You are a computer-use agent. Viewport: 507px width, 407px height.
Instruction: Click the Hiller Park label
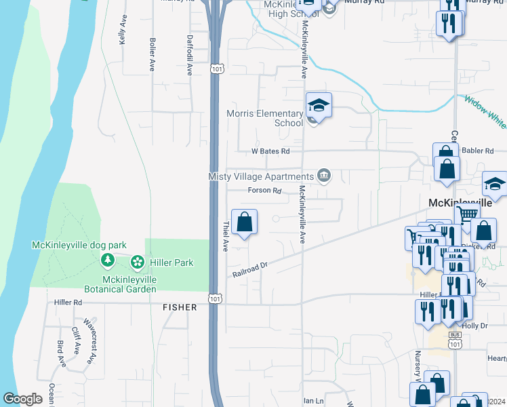click(x=172, y=263)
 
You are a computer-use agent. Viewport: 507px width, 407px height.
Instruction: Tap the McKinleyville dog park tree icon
click(x=107, y=260)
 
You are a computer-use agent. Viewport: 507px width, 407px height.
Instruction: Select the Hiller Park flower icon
click(x=138, y=262)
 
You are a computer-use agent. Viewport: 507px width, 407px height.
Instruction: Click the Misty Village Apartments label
click(x=261, y=176)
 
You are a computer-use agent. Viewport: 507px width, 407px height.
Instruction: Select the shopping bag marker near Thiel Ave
click(x=245, y=222)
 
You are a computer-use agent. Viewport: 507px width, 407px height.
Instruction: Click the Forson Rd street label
click(x=264, y=191)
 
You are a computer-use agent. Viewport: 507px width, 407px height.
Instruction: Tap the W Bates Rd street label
click(x=270, y=151)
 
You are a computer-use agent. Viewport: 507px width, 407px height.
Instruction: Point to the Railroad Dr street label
click(x=251, y=269)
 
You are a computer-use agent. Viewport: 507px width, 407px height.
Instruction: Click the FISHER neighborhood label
click(x=180, y=307)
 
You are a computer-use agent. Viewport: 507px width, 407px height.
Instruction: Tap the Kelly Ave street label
click(x=123, y=31)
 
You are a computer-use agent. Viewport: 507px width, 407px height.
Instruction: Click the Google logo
click(x=22, y=399)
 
